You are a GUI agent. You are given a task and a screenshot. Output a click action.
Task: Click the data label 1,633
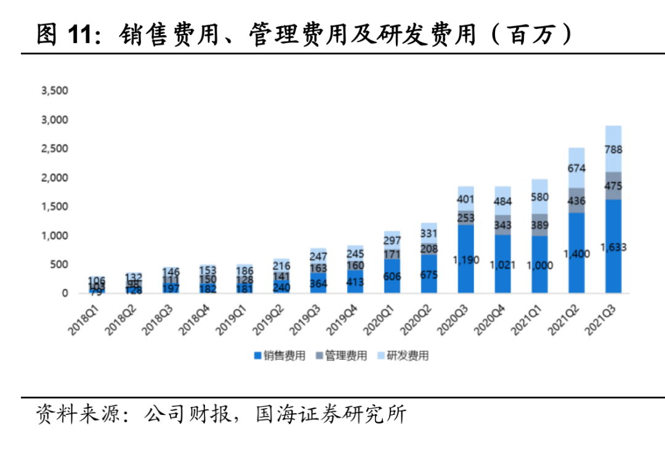(613, 247)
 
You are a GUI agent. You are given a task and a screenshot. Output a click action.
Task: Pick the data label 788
(613, 149)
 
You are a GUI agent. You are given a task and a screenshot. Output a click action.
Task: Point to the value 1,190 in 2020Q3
(465, 260)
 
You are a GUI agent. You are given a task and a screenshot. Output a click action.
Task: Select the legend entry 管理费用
(341, 355)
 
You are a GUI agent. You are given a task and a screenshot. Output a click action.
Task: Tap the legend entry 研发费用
(403, 355)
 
